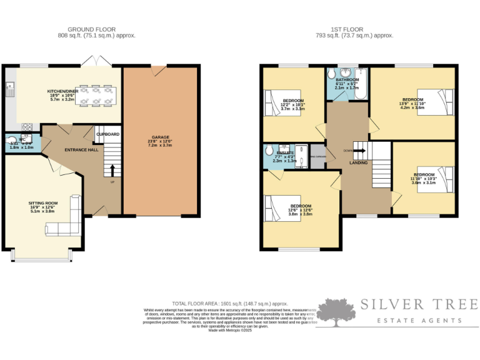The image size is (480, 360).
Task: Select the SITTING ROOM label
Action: tap(43, 203)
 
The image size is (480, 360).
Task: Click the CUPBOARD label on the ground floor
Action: tap(107, 134)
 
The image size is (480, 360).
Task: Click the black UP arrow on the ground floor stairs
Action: tap(112, 170)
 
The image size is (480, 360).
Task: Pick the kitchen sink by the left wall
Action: tap(9, 90)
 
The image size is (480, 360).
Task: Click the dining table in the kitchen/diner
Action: tap(95, 94)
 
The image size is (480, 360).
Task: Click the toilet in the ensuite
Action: tap(269, 151)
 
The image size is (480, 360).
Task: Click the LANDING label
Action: tap(358, 162)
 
